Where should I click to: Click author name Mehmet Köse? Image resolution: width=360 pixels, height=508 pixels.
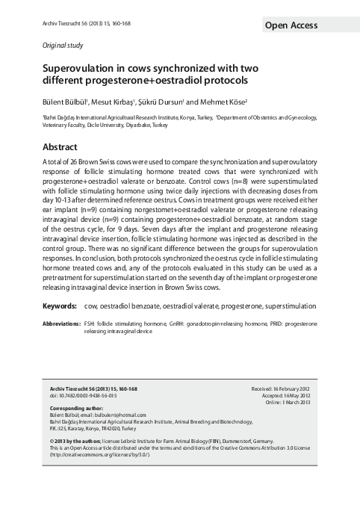pyautogui.click(x=229, y=101)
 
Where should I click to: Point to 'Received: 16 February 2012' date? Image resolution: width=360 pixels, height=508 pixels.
pyautogui.click(x=285, y=390)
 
